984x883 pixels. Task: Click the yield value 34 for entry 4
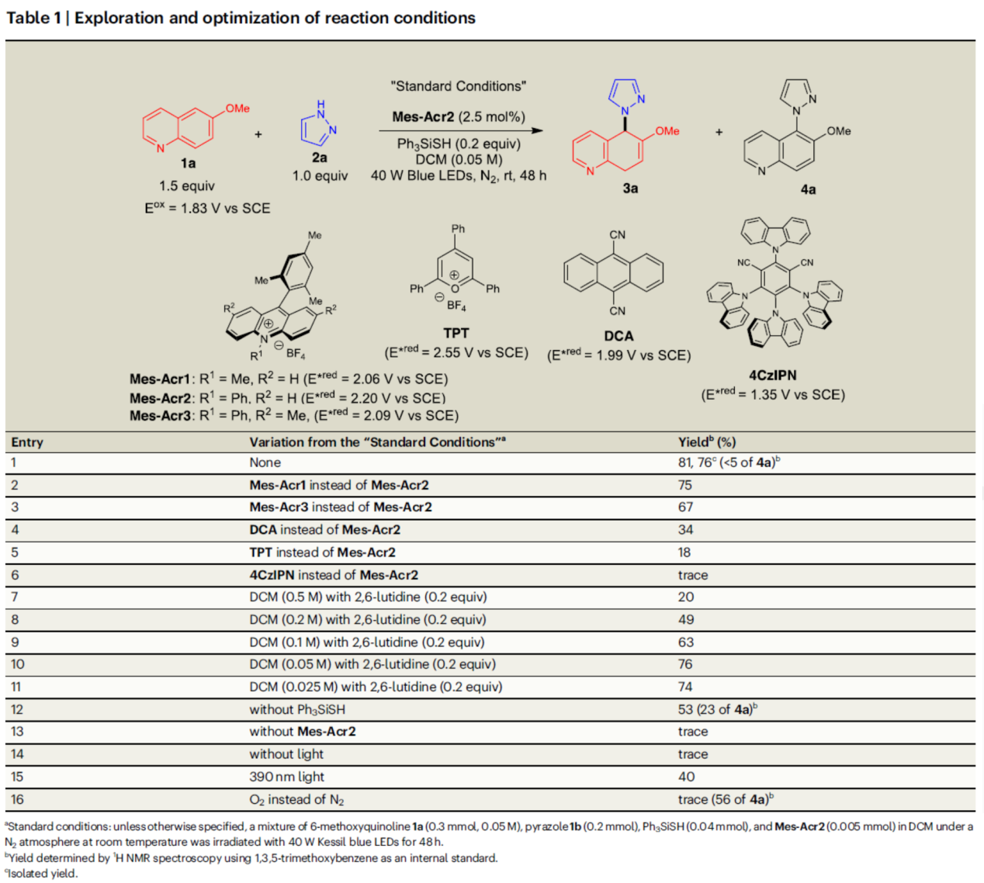pyautogui.click(x=685, y=530)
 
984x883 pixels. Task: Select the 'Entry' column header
pyautogui.click(x=27, y=442)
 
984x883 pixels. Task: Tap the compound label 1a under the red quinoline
pyautogui.click(x=188, y=163)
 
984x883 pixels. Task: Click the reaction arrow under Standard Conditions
pyautogui.click(x=461, y=130)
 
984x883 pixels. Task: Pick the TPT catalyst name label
pyautogui.click(x=456, y=333)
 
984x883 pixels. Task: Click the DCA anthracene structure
pyautogui.click(x=614, y=272)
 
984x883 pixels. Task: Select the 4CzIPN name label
pyautogui.click(x=772, y=376)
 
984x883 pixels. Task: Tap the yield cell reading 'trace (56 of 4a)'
pyautogui.click(x=725, y=799)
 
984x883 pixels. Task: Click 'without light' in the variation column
pyautogui.click(x=286, y=754)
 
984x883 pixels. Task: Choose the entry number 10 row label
pyautogui.click(x=18, y=664)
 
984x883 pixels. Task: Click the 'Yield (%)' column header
pyautogui.click(x=706, y=442)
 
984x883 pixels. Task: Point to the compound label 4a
pyautogui.click(x=808, y=189)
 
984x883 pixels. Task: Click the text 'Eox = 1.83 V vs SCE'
pyautogui.click(x=207, y=208)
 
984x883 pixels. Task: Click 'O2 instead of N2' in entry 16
pyautogui.click(x=296, y=799)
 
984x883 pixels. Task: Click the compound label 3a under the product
pyautogui.click(x=630, y=189)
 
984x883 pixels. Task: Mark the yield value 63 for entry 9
pyautogui.click(x=685, y=642)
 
